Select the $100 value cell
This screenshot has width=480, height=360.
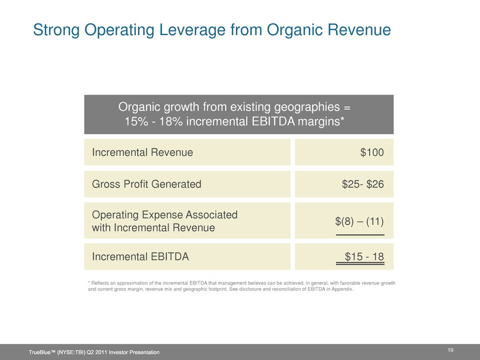pos(372,153)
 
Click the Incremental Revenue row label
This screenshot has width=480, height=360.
pos(142,153)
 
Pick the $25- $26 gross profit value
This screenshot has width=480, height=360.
pos(363,184)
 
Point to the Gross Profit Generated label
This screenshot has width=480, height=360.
pos(147,184)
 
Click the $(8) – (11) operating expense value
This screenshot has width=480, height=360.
pos(359,221)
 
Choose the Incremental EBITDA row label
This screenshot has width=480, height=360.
pos(140,256)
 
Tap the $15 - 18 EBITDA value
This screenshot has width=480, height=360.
pos(364,256)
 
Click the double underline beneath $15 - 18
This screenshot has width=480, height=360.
pos(360,263)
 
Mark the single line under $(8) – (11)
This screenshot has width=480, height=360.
pos(360,235)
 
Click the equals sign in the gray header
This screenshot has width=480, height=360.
pos(347,107)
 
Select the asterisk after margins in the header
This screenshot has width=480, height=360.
pos(342,119)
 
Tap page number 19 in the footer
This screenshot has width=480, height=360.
pos(450,350)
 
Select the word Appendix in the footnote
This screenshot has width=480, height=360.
pos(343,289)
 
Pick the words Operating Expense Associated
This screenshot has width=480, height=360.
pos(165,215)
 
